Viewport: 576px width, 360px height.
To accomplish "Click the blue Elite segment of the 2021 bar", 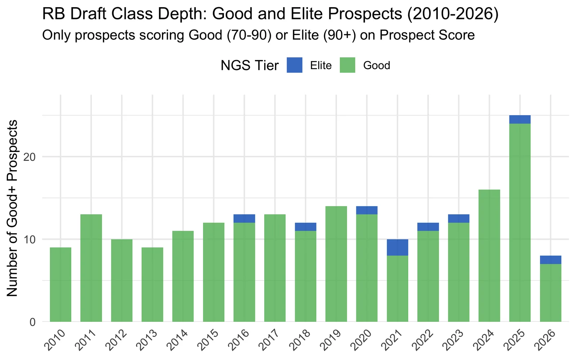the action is [397, 247].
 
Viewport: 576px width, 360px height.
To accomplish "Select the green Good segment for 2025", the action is [520, 223].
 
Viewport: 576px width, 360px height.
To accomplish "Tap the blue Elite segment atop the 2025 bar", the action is [520, 120].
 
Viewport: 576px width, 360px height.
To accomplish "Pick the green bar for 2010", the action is [60, 284].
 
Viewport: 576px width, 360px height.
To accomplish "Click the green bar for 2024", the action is [489, 256].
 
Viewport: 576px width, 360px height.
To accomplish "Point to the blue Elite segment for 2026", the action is [550, 260].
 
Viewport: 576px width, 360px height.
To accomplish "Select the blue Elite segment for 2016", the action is [244, 219].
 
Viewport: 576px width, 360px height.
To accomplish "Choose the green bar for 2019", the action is [336, 264].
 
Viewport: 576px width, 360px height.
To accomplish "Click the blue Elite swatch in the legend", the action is [294, 65].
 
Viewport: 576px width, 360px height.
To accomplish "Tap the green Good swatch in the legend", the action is [347, 65].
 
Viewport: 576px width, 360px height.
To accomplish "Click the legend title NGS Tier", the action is [249, 65].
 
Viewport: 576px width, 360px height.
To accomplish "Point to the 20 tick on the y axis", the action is [29, 157].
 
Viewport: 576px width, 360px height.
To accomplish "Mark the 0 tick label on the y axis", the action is [32, 322].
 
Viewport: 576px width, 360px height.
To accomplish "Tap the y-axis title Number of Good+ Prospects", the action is [12, 208].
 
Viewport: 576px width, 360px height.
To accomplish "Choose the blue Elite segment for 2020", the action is [367, 210].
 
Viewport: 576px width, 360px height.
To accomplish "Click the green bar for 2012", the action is [122, 280].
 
